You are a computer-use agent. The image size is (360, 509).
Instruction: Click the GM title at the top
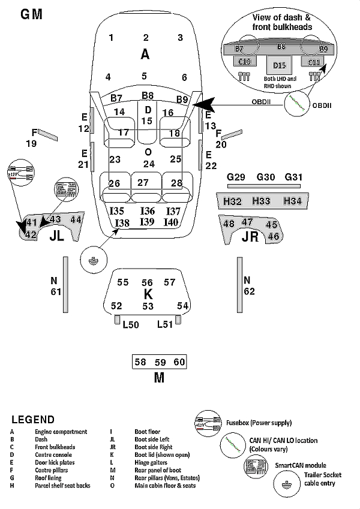click(31, 14)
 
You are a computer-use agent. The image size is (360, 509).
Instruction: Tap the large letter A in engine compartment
click(145, 55)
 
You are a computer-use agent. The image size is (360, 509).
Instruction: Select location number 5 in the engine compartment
click(144, 76)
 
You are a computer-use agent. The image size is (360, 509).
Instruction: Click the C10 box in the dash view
click(245, 61)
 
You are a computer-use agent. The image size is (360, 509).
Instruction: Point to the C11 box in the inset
click(314, 61)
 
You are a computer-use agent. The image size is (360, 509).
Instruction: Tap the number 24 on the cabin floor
click(149, 164)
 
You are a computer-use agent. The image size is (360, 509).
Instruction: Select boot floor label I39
click(147, 222)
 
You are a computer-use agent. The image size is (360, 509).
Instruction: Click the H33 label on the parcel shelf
click(261, 201)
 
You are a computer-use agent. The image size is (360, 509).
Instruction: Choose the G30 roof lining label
click(265, 177)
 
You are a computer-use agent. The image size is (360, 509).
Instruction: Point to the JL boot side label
click(56, 236)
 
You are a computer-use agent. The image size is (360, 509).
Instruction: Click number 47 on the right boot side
click(247, 222)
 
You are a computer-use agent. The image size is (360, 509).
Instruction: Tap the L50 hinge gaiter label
click(130, 324)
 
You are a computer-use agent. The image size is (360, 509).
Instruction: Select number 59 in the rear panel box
click(160, 362)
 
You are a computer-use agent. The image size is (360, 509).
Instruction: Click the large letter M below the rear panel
click(158, 378)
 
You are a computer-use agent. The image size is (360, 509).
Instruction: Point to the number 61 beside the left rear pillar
click(56, 292)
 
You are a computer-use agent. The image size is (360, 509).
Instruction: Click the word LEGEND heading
click(32, 420)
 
